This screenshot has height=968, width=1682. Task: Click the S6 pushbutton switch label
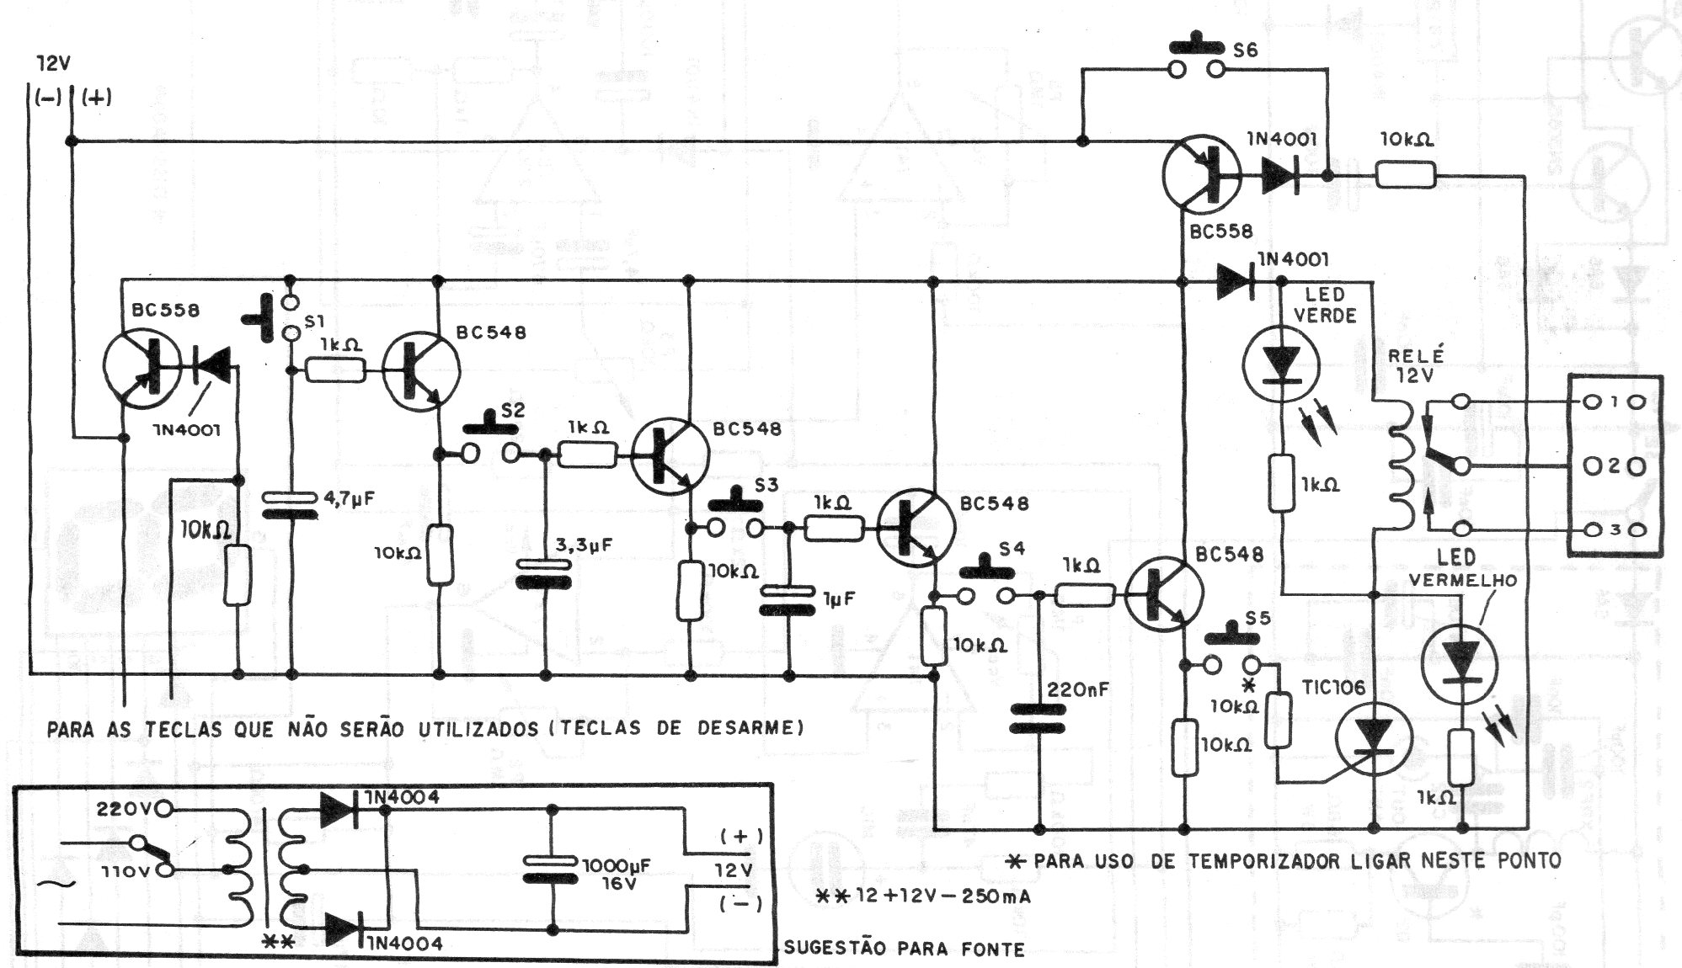coord(1245,51)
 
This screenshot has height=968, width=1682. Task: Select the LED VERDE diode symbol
coord(1282,364)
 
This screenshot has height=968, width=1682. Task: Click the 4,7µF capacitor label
coord(349,498)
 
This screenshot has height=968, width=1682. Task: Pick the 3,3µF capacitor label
coord(583,545)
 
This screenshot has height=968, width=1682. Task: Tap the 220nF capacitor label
coord(1078,690)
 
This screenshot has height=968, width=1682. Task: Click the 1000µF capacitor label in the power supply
coord(617,865)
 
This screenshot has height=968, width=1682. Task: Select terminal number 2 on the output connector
coord(1615,465)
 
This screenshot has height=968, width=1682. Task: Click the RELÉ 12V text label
coord(1415,363)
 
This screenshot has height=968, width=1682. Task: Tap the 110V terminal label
coord(125,871)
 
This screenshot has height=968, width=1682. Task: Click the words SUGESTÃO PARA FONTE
coord(904,949)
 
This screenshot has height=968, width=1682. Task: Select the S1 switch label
coord(315,321)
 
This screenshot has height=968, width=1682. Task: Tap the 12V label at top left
coord(53,64)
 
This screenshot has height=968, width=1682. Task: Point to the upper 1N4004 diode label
coord(402,797)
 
